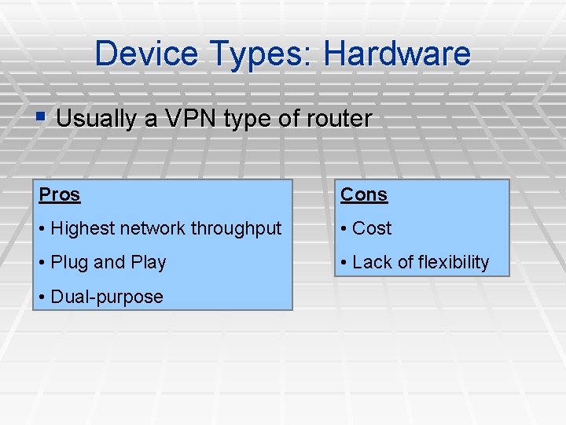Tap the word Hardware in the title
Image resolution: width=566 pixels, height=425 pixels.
[x=397, y=54]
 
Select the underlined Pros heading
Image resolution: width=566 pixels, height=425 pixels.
[x=60, y=194]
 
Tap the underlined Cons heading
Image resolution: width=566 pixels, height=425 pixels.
[x=364, y=194]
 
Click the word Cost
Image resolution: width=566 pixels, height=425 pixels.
[x=372, y=229]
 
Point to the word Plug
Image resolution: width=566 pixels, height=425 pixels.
[x=69, y=263]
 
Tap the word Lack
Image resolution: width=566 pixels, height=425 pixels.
[x=371, y=263]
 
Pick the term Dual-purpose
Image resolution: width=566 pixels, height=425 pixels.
[x=107, y=297]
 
